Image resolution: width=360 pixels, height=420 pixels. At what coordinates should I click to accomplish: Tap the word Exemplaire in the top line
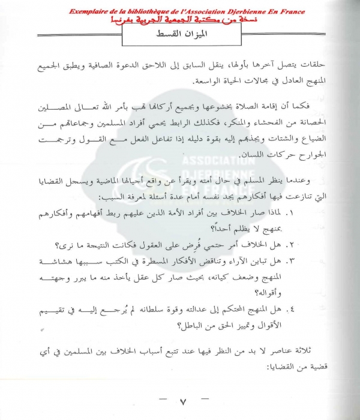tap(89, 11)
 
